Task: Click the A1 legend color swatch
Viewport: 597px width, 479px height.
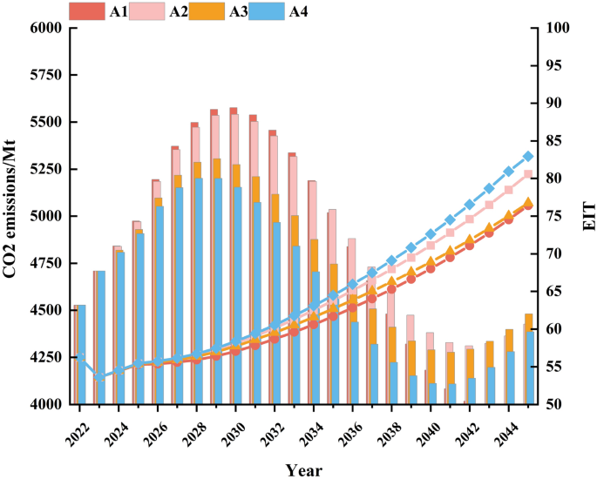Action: [87, 11]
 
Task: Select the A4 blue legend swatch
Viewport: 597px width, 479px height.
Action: [267, 11]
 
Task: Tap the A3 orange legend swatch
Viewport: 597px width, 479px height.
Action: [207, 11]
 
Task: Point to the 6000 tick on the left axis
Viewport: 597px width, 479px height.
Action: [45, 28]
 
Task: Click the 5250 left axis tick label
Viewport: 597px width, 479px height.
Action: [45, 169]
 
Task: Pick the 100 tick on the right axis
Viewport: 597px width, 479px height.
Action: [558, 28]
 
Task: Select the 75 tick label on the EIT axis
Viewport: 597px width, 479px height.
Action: [554, 217]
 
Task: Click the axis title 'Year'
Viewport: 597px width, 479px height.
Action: [304, 470]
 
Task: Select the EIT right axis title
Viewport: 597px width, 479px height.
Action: [588, 217]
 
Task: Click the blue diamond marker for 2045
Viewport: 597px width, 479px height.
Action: [527, 157]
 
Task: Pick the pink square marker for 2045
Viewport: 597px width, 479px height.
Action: [527, 174]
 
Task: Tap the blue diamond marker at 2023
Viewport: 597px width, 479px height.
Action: [99, 377]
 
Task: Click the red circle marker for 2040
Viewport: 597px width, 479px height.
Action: [431, 268]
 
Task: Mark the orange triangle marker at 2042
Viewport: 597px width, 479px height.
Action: [470, 239]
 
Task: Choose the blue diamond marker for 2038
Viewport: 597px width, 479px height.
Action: [391, 261]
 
